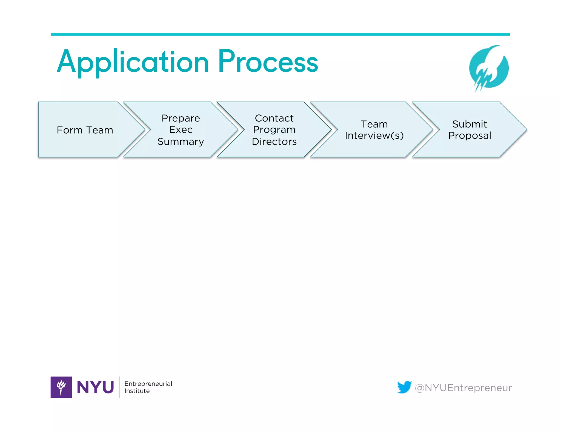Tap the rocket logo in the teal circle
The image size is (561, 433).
489,68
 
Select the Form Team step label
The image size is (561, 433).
85,130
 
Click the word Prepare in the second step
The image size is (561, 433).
181,118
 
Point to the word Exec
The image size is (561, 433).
181,130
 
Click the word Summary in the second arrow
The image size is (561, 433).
181,142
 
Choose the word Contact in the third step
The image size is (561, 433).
274,118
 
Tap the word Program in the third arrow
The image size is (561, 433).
274,130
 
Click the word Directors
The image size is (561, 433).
274,142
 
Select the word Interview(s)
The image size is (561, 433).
374,136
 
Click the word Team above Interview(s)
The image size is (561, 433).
374,124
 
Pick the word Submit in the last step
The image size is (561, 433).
470,124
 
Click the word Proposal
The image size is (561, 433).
470,136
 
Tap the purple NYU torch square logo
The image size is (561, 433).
61,387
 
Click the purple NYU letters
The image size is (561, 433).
95,387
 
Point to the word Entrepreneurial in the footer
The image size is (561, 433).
148,384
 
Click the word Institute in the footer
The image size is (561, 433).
137,391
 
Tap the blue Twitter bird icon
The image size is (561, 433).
404,387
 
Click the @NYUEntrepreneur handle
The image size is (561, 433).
463,388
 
